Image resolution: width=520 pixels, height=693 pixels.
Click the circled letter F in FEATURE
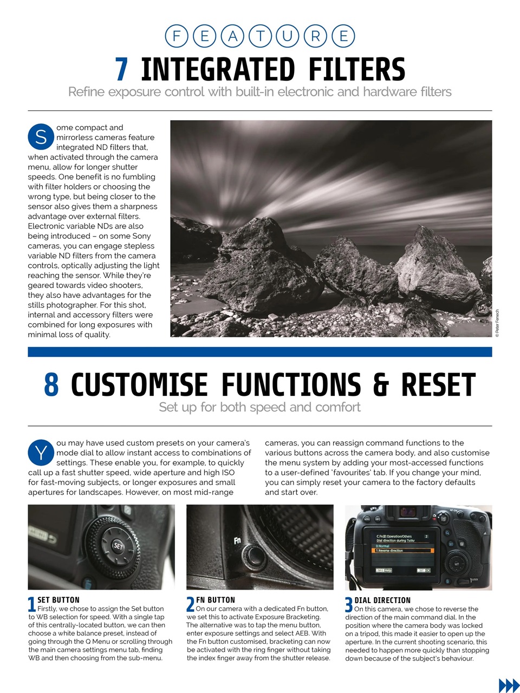coord(176,36)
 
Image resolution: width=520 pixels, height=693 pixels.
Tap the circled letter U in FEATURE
coord(288,36)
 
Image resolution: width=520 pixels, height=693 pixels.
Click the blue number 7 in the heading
coord(122,70)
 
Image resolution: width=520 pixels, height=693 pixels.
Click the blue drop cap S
coord(41,137)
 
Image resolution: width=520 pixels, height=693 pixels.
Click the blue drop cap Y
coord(41,453)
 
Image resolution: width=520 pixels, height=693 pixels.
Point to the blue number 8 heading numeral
coord(51,385)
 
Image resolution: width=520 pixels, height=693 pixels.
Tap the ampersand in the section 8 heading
coord(381,385)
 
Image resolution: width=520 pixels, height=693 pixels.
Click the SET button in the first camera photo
coord(118,546)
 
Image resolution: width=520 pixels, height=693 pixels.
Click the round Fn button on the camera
coord(252,554)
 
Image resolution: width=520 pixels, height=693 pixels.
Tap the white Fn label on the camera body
coord(237,540)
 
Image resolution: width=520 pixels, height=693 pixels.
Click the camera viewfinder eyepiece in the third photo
coord(407,512)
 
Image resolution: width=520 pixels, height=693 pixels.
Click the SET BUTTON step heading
coord(58,600)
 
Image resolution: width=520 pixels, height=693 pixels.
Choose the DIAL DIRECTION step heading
coord(382,600)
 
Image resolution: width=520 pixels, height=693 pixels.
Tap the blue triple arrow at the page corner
coord(508,685)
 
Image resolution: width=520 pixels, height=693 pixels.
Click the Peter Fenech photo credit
coord(497,323)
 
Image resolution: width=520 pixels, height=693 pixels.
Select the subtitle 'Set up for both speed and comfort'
coord(259,407)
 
